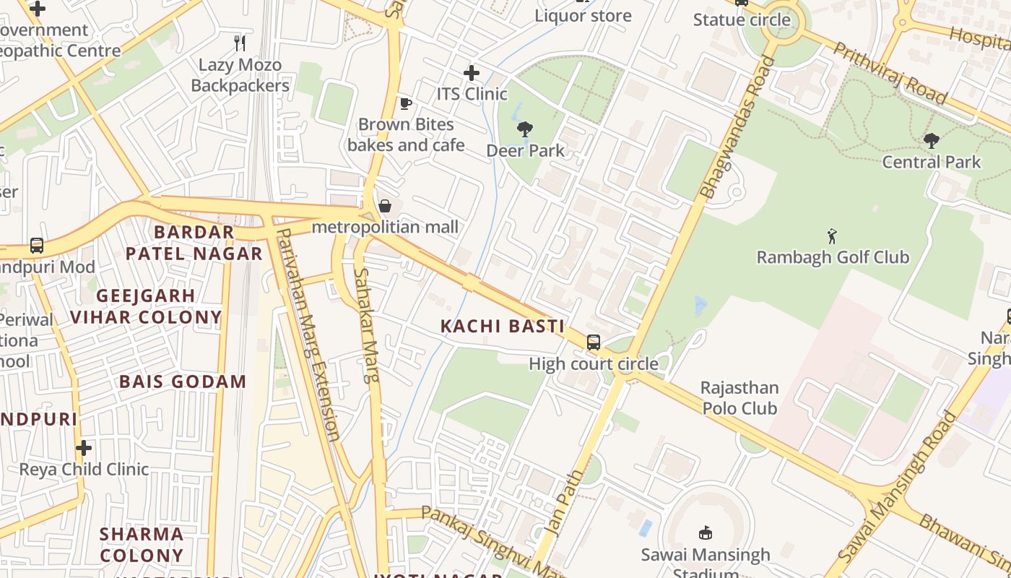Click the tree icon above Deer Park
pyautogui.click(x=525, y=129)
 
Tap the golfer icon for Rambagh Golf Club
pyautogui.click(x=832, y=236)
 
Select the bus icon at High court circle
pyautogui.click(x=593, y=342)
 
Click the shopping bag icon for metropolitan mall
pyautogui.click(x=385, y=207)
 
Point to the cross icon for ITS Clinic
pyautogui.click(x=472, y=73)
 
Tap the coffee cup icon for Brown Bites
pyautogui.click(x=406, y=103)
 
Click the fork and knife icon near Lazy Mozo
pyautogui.click(x=240, y=43)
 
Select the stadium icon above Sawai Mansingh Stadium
pyautogui.click(x=706, y=533)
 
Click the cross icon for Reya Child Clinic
pyautogui.click(x=84, y=448)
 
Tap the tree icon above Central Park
pyautogui.click(x=932, y=140)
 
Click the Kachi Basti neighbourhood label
pyautogui.click(x=503, y=326)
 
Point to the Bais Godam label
pyautogui.click(x=183, y=381)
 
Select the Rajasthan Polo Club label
pyautogui.click(x=739, y=398)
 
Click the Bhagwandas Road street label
pyautogui.click(x=737, y=128)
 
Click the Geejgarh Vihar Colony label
pyautogui.click(x=146, y=306)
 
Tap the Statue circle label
pyautogui.click(x=742, y=20)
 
